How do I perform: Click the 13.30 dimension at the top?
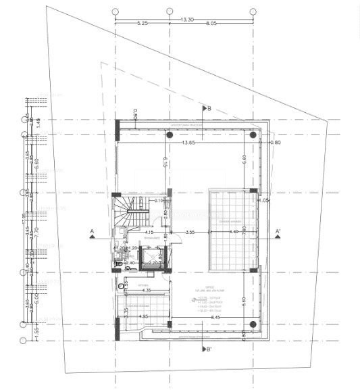[187, 20]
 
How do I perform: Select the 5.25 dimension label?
[142, 24]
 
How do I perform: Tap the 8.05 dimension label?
[211, 24]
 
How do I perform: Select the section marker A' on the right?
[277, 232]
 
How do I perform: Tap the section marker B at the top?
[209, 107]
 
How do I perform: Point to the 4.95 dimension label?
[143, 316]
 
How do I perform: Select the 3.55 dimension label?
[191, 233]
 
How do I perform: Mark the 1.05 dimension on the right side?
[264, 201]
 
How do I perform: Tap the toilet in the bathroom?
[122, 286]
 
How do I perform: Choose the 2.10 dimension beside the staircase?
[159, 201]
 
